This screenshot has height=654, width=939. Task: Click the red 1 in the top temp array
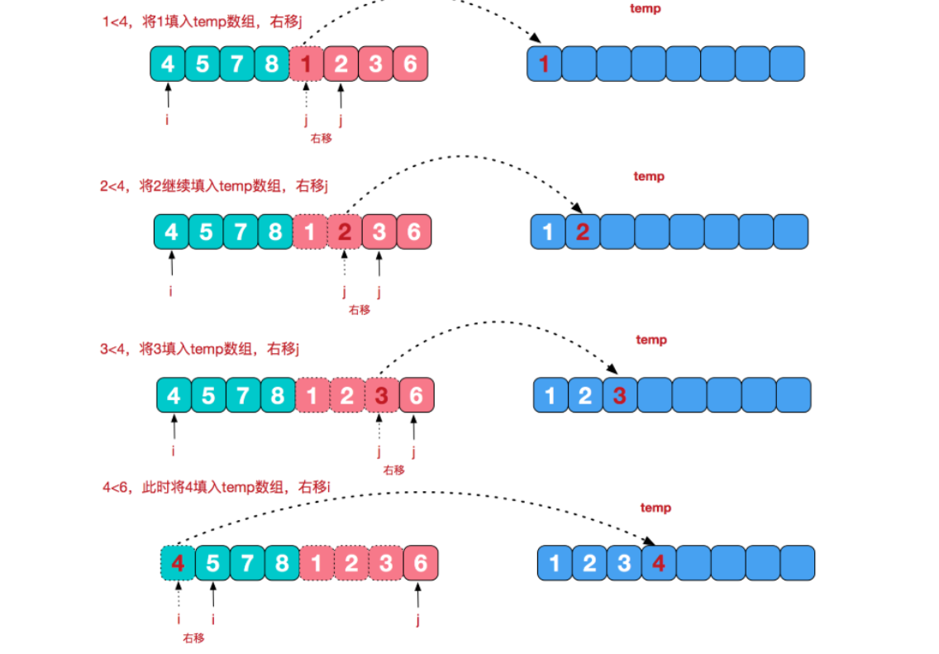pyautogui.click(x=544, y=64)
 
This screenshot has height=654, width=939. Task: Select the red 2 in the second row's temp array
pyautogui.click(x=582, y=232)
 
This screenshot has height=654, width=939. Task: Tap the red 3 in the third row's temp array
pyautogui.click(x=620, y=396)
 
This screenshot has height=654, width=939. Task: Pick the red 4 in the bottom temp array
pyautogui.click(x=658, y=564)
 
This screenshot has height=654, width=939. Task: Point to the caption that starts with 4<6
pyautogui.click(x=217, y=487)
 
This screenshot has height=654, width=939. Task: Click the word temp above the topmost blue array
pyautogui.click(x=646, y=9)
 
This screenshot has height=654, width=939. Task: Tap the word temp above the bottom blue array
pyautogui.click(x=655, y=508)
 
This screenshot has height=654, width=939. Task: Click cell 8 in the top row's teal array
pyautogui.click(x=272, y=64)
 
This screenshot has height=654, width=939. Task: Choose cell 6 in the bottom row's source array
pyautogui.click(x=420, y=564)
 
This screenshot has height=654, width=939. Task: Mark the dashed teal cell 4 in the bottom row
pyautogui.click(x=177, y=564)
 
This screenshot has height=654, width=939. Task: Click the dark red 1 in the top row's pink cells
pyautogui.click(x=307, y=64)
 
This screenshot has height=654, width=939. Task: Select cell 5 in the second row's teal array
pyautogui.click(x=206, y=232)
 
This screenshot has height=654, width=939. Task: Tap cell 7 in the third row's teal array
pyautogui.click(x=242, y=396)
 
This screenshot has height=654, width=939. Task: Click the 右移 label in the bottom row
pyautogui.click(x=193, y=637)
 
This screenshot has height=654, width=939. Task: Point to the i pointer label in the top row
pyautogui.click(x=168, y=120)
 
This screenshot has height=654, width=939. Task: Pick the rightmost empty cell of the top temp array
pyautogui.click(x=787, y=64)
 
